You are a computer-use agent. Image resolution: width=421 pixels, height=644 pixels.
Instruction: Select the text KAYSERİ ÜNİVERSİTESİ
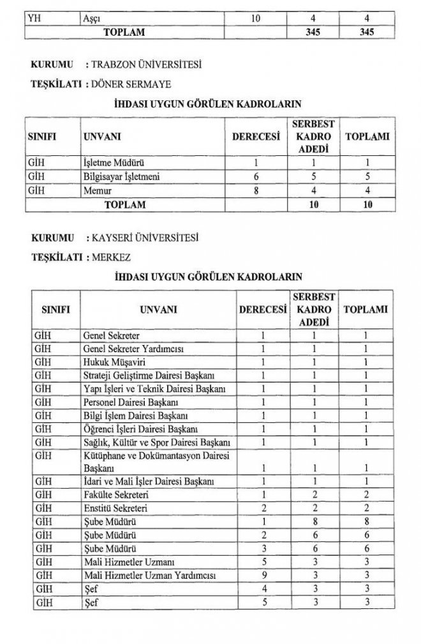(x=146, y=240)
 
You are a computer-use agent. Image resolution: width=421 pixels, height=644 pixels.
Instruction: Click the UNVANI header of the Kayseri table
(x=156, y=310)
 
